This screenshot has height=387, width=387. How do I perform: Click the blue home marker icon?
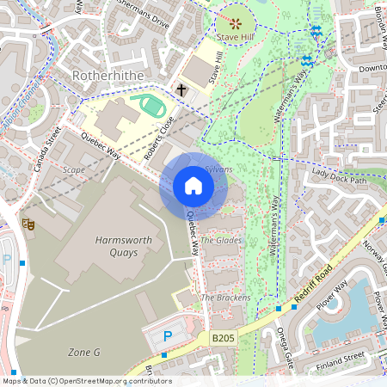[x=193, y=186]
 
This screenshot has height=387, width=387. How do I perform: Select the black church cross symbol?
[x=181, y=89]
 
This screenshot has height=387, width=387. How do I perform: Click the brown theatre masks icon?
[x=28, y=224]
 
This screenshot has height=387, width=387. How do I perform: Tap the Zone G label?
[x=84, y=353]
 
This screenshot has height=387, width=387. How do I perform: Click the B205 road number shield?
[x=222, y=341]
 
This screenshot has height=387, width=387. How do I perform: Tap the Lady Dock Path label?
[x=339, y=176]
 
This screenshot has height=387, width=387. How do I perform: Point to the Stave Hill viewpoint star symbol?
[x=235, y=20]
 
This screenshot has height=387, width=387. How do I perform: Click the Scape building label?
[x=73, y=170]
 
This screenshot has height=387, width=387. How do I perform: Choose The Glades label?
[x=221, y=241]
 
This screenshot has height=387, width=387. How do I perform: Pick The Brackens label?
[x=225, y=298]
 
